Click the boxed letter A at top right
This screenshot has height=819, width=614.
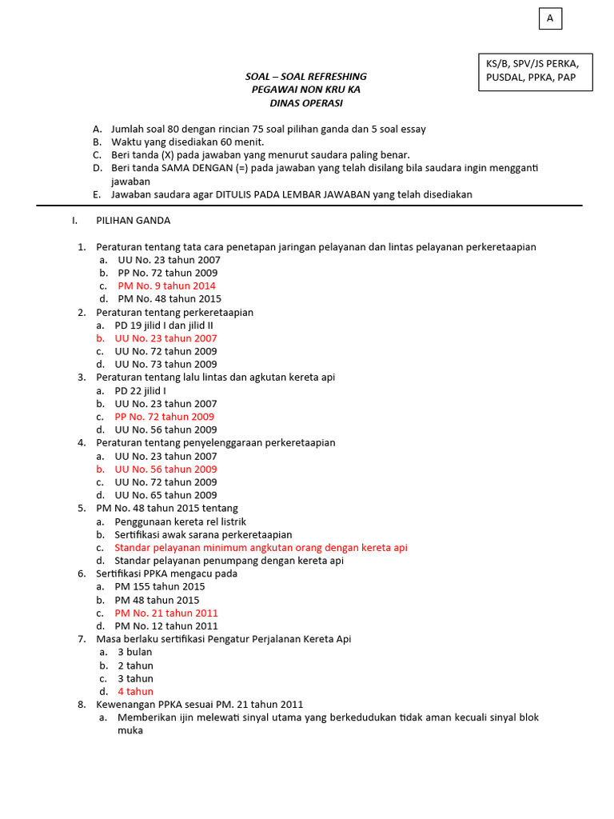[550, 18]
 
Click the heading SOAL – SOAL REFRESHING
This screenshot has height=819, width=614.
[305, 77]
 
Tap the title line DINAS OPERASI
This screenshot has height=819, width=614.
[305, 103]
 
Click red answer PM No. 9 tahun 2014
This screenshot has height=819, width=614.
[166, 286]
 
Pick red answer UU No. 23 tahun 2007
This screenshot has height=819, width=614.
[165, 338]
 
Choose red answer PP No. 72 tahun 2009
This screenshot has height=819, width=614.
[164, 417]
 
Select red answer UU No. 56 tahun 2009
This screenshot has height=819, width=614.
[165, 469]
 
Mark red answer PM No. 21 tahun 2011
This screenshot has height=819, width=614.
[165, 613]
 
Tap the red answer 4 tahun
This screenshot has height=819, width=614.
[135, 692]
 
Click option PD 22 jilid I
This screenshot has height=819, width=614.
[140, 391]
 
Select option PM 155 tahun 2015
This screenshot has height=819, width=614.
[159, 587]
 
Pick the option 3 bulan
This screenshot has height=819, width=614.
[135, 652]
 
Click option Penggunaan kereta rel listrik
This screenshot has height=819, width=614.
[180, 521]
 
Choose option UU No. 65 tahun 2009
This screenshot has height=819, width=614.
[165, 495]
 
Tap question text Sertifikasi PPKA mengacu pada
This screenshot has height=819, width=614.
[166, 573]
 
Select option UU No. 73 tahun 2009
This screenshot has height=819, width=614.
[165, 365]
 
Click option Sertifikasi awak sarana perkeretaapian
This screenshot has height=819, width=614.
[203, 534]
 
